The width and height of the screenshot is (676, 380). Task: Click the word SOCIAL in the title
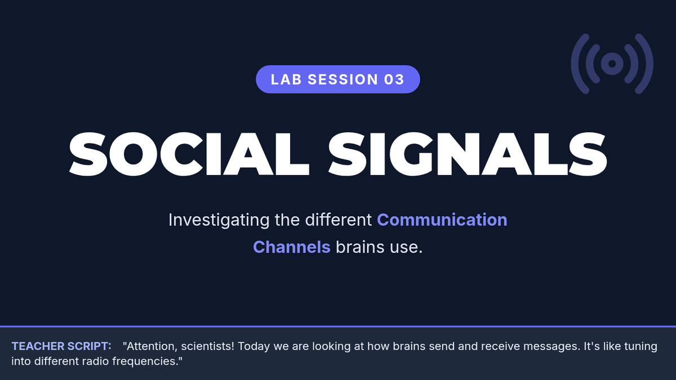pos(189,154)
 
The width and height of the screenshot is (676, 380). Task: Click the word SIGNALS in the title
pos(468,154)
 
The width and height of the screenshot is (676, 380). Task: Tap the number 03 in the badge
pos(394,79)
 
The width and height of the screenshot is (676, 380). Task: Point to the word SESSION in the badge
pos(343,79)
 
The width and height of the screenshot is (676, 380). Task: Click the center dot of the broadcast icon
pos(612,64)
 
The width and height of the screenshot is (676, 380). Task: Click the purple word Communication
pos(442,220)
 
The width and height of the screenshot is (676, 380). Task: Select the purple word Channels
pos(292,247)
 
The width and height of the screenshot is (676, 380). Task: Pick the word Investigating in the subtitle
pos(219,220)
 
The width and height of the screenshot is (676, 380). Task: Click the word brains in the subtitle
pos(360,247)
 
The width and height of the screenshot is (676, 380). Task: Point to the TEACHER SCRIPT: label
pos(61,346)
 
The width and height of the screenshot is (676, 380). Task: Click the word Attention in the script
pos(151,346)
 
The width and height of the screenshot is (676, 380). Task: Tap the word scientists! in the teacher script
pos(208,346)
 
